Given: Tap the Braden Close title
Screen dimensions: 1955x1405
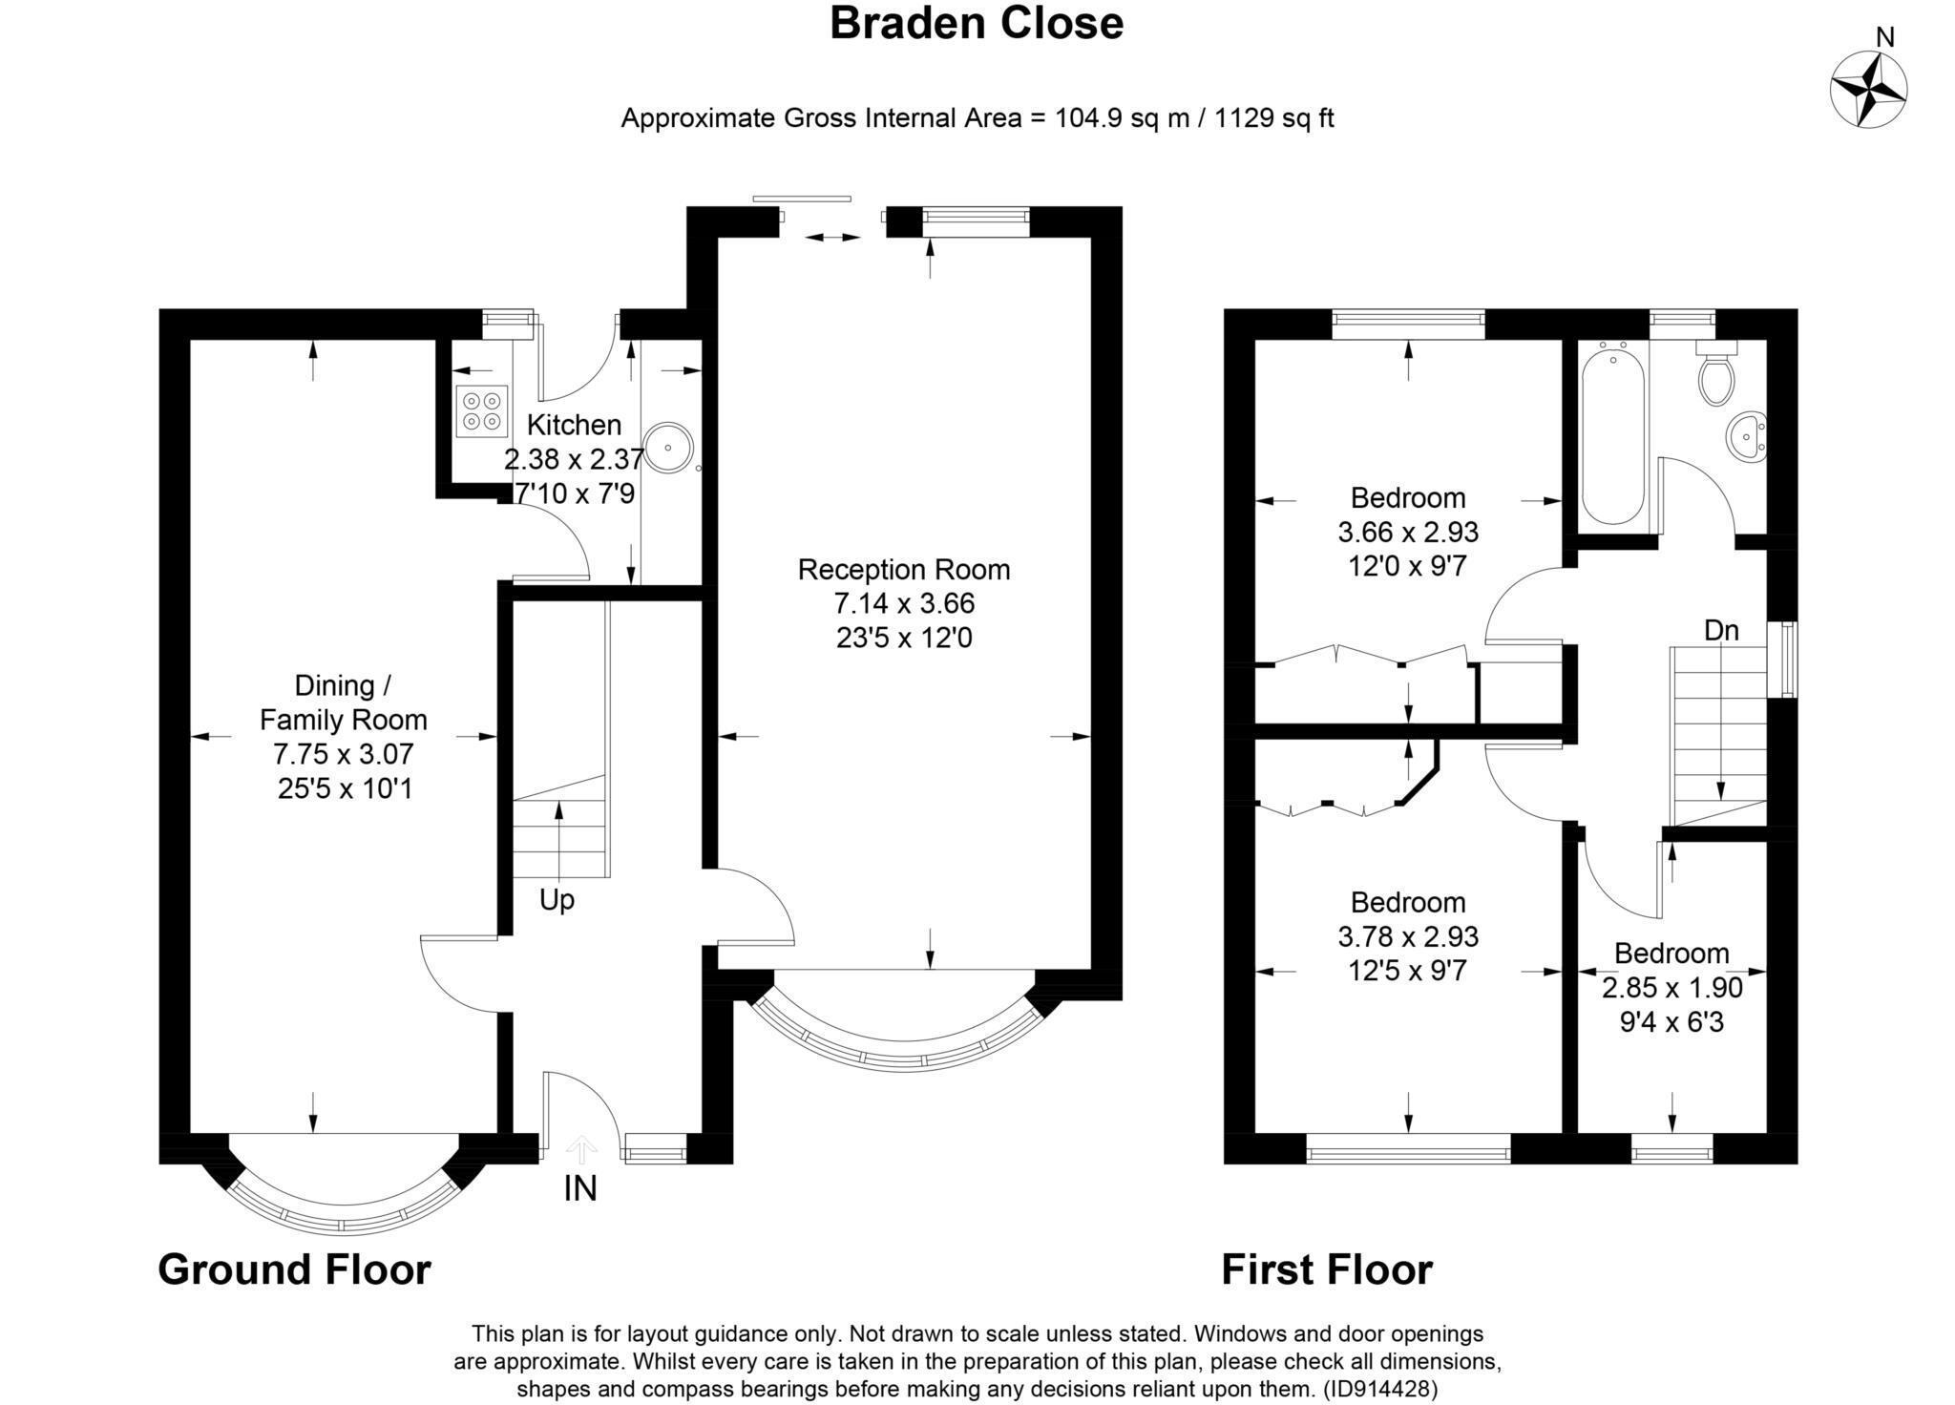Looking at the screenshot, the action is coord(977,23).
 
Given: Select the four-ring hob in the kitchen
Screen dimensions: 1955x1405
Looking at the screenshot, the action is coord(481,410).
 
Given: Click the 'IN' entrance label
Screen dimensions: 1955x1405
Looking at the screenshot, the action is coord(580,1188).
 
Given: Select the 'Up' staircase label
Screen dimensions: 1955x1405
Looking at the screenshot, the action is coord(557,900).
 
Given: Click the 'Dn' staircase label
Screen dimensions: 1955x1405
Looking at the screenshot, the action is coord(1721,630).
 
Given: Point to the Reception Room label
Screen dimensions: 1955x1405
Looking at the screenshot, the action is coord(904,570).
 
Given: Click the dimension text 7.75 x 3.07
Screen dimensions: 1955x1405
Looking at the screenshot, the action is coord(344,754).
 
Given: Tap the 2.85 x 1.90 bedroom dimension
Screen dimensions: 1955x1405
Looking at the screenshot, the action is coord(1672,988).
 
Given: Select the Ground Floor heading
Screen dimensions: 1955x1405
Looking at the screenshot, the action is coord(294,1269).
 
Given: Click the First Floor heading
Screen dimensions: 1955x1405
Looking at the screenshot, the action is coord(1327,1269).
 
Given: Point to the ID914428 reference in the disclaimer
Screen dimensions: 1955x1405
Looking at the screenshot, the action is coord(1381,1388).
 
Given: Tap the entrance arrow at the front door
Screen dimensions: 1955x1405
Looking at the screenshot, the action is coord(582,1149).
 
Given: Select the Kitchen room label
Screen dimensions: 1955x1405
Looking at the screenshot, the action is coord(574,425).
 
